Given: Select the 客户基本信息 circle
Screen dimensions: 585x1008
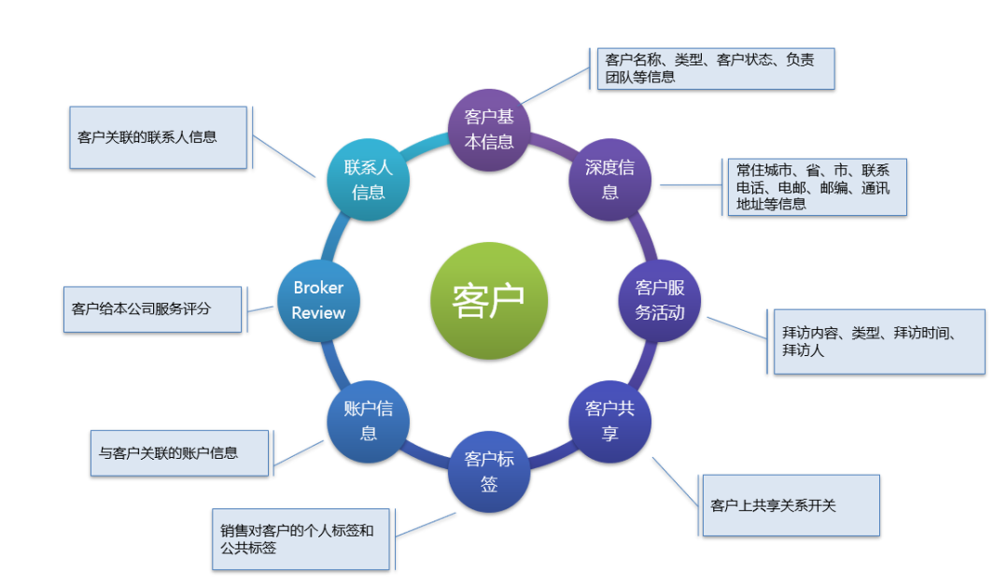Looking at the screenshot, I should pyautogui.click(x=489, y=129).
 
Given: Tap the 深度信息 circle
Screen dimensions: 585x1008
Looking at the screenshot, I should pyautogui.click(x=609, y=179).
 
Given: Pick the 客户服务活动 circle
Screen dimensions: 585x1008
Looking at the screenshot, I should pyautogui.click(x=660, y=300).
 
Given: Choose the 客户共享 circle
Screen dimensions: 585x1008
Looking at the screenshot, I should pyautogui.click(x=609, y=421).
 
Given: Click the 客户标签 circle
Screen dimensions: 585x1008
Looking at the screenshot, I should pyautogui.click(x=489, y=471).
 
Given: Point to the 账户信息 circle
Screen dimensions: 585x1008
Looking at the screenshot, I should pyautogui.click(x=369, y=421).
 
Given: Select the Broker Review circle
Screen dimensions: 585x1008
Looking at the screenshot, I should pyautogui.click(x=318, y=300).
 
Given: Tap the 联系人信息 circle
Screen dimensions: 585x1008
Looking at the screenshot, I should pyautogui.click(x=369, y=179).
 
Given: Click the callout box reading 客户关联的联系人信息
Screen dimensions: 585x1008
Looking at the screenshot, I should pyautogui.click(x=158, y=137).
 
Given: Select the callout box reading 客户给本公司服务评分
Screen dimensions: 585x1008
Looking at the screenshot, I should pyautogui.click(x=151, y=308).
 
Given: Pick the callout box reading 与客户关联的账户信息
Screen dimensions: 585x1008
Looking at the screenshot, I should pyautogui.click(x=179, y=453).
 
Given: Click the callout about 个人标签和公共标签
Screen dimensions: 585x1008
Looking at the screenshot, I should pyautogui.click(x=300, y=539).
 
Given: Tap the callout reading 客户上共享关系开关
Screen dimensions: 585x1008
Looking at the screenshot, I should pyautogui.click(x=791, y=506).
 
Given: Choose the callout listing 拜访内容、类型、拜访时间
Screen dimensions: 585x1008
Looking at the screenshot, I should pyautogui.click(x=879, y=341).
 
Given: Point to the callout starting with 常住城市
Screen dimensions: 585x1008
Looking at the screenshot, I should pyautogui.click(x=817, y=187).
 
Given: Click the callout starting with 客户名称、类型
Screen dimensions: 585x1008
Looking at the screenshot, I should pyautogui.click(x=715, y=68).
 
